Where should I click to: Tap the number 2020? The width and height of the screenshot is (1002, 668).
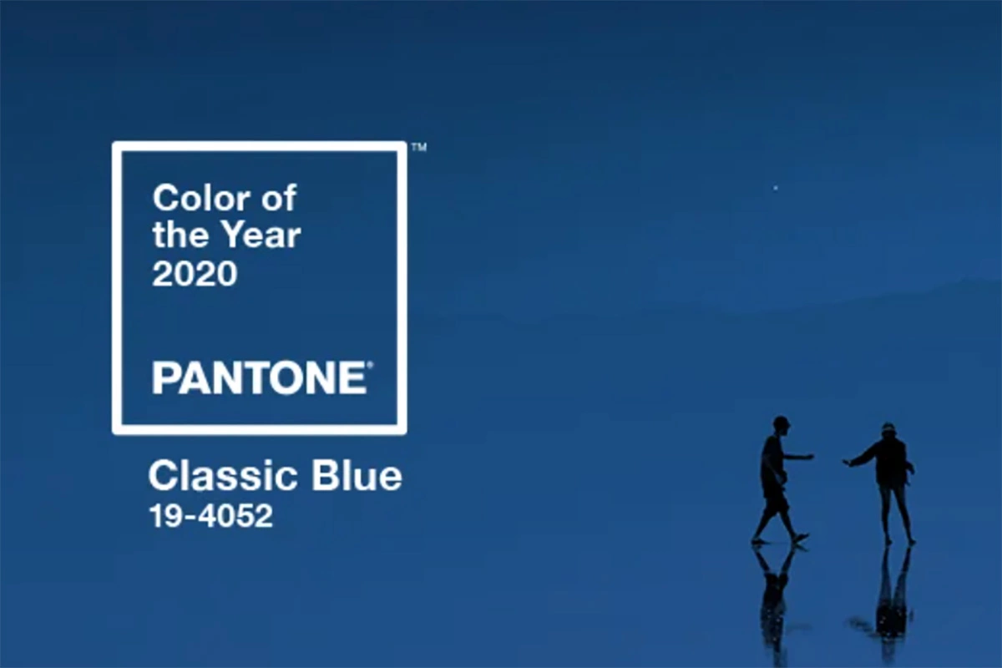tap(195, 273)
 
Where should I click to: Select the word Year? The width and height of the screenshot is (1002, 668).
tap(260, 236)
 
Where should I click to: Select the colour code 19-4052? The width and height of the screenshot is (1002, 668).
tap(210, 516)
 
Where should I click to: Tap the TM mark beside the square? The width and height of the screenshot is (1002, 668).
tap(419, 148)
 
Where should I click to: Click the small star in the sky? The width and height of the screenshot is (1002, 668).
tap(776, 188)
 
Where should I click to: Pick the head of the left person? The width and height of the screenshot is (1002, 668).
tap(781, 423)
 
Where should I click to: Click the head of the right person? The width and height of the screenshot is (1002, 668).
tap(888, 430)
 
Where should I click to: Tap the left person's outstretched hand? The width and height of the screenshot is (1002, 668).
tap(809, 457)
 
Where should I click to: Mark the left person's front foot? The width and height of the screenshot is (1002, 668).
tap(799, 539)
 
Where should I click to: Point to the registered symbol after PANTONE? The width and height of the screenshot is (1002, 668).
tap(370, 366)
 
